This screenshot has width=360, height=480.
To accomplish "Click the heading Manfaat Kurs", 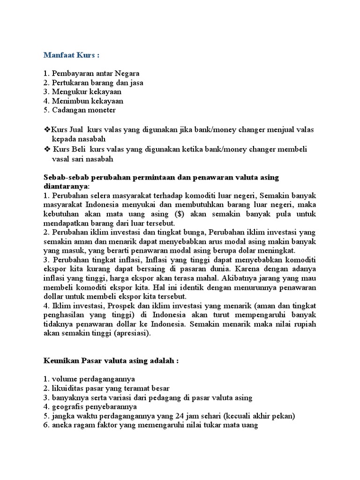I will click(x=72, y=55).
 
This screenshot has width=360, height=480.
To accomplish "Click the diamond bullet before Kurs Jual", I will click(x=46, y=129).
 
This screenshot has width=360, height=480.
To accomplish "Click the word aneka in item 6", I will click(x=62, y=425).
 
